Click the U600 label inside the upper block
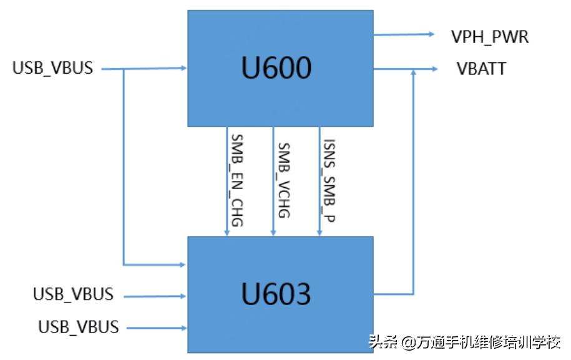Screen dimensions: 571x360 [276, 68]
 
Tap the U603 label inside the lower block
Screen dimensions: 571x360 [276, 293]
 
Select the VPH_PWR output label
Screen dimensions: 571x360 [490, 37]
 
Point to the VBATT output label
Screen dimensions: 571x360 [481, 69]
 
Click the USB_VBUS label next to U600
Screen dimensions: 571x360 [53, 68]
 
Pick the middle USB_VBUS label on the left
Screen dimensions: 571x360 [73, 294]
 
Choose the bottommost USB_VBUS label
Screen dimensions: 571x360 [79, 326]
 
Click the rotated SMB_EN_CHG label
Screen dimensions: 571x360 [237, 180]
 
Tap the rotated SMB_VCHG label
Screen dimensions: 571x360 [284, 180]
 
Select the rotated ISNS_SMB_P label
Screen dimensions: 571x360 [329, 180]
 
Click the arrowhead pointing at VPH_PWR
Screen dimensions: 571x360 [431, 34]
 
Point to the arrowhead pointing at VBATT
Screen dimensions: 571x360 [434, 69]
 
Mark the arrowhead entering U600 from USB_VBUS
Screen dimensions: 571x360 [183, 68]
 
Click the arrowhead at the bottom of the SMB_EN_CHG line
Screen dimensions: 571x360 [227, 233]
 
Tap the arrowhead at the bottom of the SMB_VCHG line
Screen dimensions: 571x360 [273, 233]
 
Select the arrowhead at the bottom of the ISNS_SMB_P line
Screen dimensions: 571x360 [320, 233]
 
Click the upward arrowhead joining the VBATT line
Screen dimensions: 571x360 [413, 72]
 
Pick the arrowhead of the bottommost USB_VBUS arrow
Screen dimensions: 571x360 [183, 328]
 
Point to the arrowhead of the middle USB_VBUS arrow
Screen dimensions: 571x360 [183, 296]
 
